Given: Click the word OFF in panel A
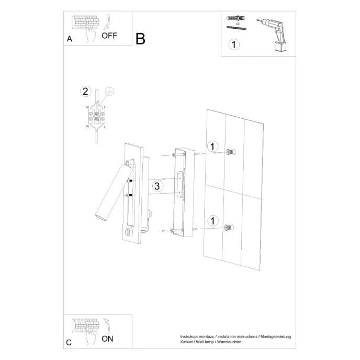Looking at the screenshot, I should point(109,36).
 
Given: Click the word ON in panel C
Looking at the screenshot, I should point(107,339).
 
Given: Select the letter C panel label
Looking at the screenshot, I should point(69,343).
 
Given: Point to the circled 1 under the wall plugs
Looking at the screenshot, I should point(234,44).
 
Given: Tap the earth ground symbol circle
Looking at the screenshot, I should point(109,91).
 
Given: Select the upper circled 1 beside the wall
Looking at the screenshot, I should point(212,147).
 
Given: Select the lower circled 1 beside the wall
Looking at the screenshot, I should point(212,220).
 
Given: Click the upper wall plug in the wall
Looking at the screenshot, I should point(229,152).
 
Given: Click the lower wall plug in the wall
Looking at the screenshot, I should point(228,227).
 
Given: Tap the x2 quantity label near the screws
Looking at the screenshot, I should point(238,24).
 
